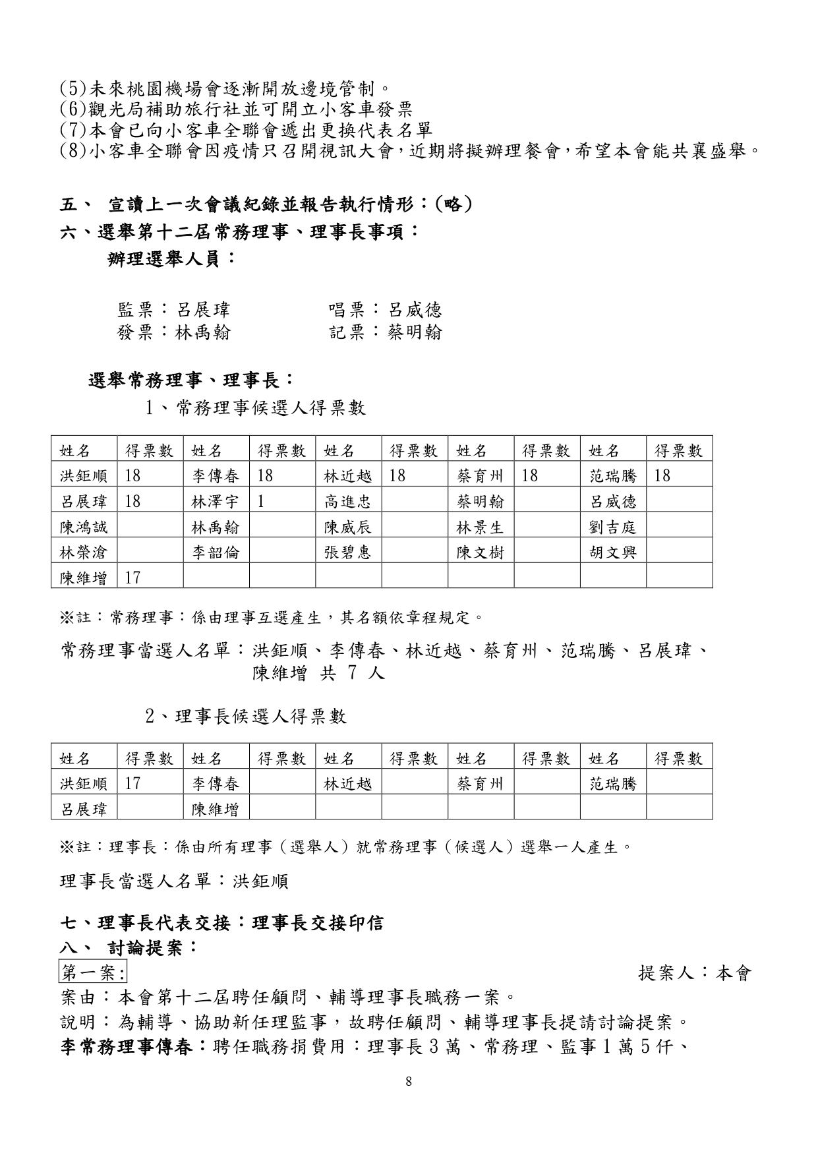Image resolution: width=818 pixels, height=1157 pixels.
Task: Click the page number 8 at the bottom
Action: [x=409, y=1081]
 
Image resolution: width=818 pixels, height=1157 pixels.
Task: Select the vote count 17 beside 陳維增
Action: [x=132, y=578]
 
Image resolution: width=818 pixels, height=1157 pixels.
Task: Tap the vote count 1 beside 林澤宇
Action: [x=261, y=501]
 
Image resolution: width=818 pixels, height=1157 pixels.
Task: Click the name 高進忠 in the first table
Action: [x=347, y=502]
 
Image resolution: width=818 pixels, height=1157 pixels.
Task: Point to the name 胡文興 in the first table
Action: [x=612, y=552]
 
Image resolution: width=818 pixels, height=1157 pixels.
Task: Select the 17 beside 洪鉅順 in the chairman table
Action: [x=132, y=783]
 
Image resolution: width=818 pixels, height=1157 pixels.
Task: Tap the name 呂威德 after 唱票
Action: [x=415, y=310]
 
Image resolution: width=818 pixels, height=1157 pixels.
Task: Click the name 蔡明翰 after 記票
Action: [x=415, y=332]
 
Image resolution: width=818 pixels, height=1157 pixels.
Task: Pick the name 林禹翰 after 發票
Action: [x=202, y=332]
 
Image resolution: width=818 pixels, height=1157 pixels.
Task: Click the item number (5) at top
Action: [x=73, y=88]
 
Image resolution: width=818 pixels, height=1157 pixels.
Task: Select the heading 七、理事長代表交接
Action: [x=144, y=923]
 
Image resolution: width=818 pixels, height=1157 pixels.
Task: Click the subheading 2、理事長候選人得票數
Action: [x=246, y=716]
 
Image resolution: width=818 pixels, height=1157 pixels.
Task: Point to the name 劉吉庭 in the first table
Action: [x=612, y=527]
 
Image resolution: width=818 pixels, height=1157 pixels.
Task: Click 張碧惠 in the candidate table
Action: [x=347, y=552]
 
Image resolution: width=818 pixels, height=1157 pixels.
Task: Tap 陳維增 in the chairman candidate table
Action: [x=215, y=809]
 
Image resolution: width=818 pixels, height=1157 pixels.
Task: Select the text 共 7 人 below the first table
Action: [x=352, y=673]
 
